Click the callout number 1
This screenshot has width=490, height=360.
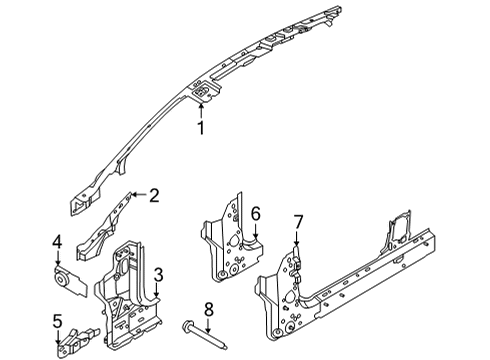pyautogui.click(x=200, y=127)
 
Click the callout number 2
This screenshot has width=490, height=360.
pyautogui.click(x=153, y=196)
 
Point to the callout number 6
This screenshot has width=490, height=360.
pyautogui.click(x=255, y=213)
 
